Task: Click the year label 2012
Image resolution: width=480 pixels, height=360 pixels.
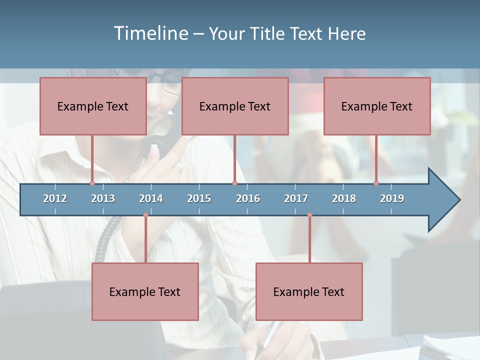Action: click(x=55, y=198)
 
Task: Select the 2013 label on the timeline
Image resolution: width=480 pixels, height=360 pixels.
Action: click(x=103, y=198)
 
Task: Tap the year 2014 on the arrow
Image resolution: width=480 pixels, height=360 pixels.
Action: click(x=151, y=198)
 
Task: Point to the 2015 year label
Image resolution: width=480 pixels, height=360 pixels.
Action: click(x=199, y=198)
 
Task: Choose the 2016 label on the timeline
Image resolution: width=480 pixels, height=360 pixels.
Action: click(x=248, y=198)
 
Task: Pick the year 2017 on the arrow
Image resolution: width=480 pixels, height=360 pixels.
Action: click(x=296, y=198)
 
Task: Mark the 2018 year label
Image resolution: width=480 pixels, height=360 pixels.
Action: click(x=344, y=198)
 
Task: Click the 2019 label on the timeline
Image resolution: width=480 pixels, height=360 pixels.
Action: click(x=392, y=198)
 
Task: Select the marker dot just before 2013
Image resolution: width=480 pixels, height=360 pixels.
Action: click(x=92, y=183)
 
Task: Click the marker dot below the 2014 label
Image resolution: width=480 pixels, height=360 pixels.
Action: click(x=145, y=215)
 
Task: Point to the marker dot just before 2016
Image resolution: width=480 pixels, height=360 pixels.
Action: click(x=234, y=183)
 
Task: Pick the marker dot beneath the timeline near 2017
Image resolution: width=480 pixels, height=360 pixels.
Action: click(x=309, y=215)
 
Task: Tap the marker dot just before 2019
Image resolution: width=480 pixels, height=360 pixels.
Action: click(x=376, y=183)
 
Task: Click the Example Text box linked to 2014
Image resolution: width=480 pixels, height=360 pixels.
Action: click(x=145, y=291)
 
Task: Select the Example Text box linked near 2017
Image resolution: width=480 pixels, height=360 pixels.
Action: click(x=309, y=291)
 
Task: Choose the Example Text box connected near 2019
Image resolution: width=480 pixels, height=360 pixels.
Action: click(x=377, y=106)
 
